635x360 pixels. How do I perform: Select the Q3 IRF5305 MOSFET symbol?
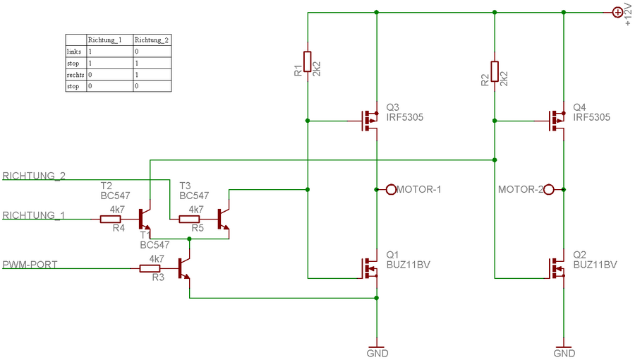tap(370, 121)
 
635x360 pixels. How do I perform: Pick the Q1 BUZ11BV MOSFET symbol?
tap(370, 268)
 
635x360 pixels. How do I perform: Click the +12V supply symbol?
tap(617, 11)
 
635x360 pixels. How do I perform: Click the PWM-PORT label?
tap(30, 265)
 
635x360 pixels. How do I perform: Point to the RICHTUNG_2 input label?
tap(35, 176)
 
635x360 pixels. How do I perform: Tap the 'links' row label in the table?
tap(75, 52)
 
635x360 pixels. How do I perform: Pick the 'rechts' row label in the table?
tap(75, 74)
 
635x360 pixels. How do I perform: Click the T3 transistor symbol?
tap(223, 219)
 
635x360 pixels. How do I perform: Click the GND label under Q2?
tap(564, 353)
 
